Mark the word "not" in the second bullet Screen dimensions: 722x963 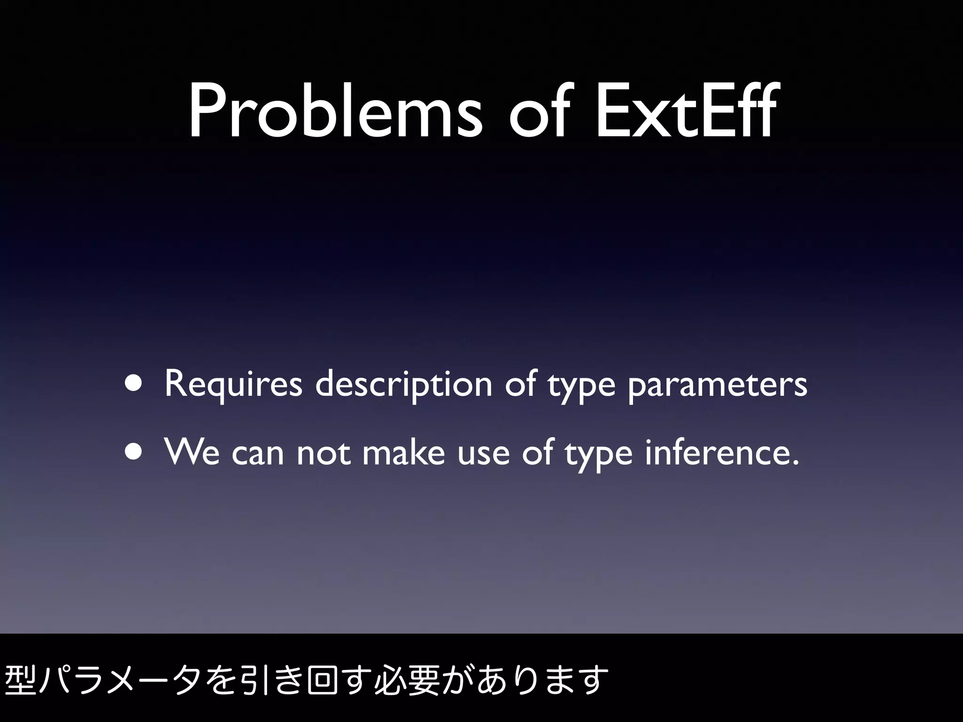coord(324,453)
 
